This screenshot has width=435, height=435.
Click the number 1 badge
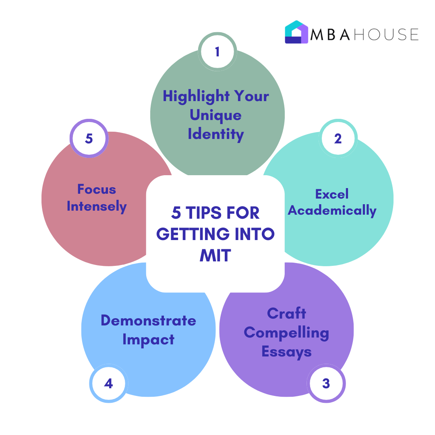coord(217,52)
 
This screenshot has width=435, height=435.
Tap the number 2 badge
coord(338,139)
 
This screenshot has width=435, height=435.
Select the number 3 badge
coord(326,383)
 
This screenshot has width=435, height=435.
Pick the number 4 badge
coord(109,383)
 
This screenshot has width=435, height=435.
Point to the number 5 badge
coord(89,139)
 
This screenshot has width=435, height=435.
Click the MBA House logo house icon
coord(296,32)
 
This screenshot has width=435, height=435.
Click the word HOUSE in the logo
coord(386,35)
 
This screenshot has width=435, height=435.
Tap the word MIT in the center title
coord(215,255)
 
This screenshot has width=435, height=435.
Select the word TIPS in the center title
coord(203,213)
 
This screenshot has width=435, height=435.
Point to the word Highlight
coord(196,97)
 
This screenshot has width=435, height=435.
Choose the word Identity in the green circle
coord(216,135)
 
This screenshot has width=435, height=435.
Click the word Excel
coord(332,194)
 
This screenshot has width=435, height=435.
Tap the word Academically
coord(332,211)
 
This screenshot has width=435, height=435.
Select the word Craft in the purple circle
coord(287,313)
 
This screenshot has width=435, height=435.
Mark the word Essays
coord(287,352)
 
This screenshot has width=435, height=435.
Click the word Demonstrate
coord(148,321)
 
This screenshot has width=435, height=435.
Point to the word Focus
coord(97,189)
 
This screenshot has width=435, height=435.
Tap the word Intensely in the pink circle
coord(97,206)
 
